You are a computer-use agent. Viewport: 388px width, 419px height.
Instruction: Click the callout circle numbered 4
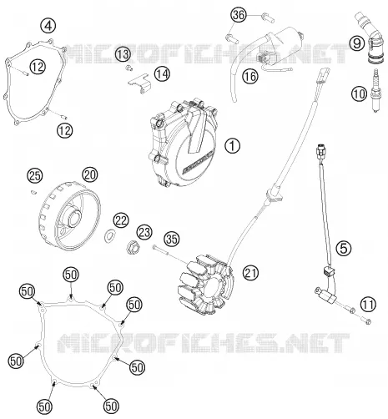pyautogui.click(x=48, y=26)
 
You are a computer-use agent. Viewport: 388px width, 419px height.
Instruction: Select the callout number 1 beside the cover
pyautogui.click(x=232, y=145)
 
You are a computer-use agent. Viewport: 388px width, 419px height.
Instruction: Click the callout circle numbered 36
pyautogui.click(x=239, y=15)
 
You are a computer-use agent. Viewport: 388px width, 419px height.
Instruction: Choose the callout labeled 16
pyautogui.click(x=250, y=76)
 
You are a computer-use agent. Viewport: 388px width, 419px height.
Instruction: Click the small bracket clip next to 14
pyautogui.click(x=139, y=83)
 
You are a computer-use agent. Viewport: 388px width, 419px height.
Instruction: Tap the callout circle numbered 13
pyautogui.click(x=123, y=54)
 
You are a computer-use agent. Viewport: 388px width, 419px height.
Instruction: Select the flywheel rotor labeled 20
pyautogui.click(x=69, y=216)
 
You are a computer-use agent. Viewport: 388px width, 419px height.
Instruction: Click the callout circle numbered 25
pyautogui.click(x=35, y=176)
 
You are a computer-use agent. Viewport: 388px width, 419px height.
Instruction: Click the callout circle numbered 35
pyautogui.click(x=172, y=239)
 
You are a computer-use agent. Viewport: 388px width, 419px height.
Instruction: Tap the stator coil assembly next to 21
pyautogui.click(x=206, y=285)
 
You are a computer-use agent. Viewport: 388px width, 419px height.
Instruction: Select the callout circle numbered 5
pyautogui.click(x=344, y=248)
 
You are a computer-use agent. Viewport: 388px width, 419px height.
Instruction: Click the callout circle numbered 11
pyautogui.click(x=368, y=304)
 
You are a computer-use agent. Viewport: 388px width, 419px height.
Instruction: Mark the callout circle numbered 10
pyautogui.click(x=359, y=94)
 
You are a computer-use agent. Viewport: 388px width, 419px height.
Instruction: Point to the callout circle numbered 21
pyautogui.click(x=250, y=273)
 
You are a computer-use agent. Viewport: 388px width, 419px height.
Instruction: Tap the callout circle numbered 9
pyautogui.click(x=357, y=43)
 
